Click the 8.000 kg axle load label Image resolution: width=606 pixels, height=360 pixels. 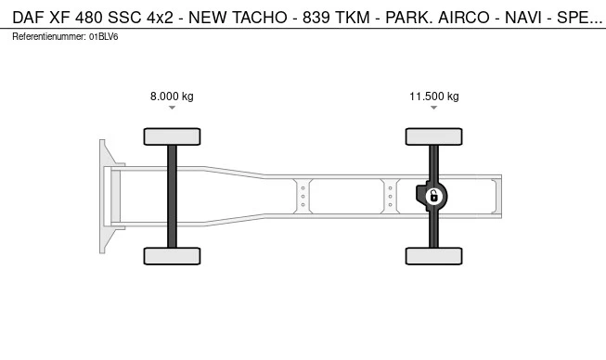click(172, 96)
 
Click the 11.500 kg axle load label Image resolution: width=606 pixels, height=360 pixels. click(434, 96)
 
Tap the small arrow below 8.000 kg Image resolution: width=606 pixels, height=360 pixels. click(172, 108)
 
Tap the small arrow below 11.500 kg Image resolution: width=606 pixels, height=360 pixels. click(434, 108)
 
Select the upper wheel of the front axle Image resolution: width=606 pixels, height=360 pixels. click(172, 136)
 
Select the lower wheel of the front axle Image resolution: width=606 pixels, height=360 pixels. click(172, 256)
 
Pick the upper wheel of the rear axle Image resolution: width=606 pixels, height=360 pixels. click(434, 136)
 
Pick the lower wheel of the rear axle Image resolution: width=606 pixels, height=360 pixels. click(434, 256)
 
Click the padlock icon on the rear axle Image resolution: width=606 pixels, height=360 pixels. click(434, 196)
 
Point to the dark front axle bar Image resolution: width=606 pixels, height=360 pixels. click(172, 197)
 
